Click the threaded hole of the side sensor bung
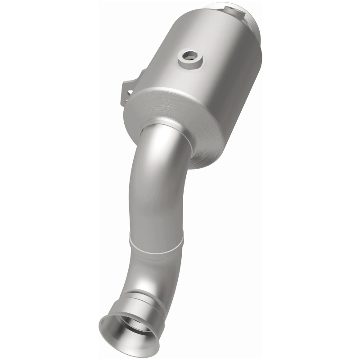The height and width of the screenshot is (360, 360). click(190, 57)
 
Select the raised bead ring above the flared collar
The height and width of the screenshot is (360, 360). click(142, 295)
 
